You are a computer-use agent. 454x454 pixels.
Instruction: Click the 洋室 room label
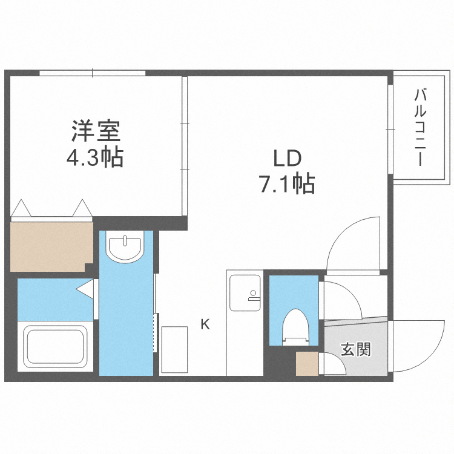point(97,131)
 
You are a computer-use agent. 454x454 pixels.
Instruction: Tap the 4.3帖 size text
point(95,158)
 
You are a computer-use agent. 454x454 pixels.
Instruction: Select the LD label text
point(287,159)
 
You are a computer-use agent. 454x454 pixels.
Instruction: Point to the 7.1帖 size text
point(287,183)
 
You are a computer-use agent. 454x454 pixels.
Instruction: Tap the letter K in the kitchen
point(205,324)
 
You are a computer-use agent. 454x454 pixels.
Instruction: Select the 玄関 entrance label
point(355,349)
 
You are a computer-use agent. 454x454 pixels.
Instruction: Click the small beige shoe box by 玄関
point(306,364)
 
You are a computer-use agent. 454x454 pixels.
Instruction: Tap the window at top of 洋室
point(93,73)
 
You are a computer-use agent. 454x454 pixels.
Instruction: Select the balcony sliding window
point(390,128)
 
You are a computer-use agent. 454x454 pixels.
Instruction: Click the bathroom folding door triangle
point(85,289)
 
